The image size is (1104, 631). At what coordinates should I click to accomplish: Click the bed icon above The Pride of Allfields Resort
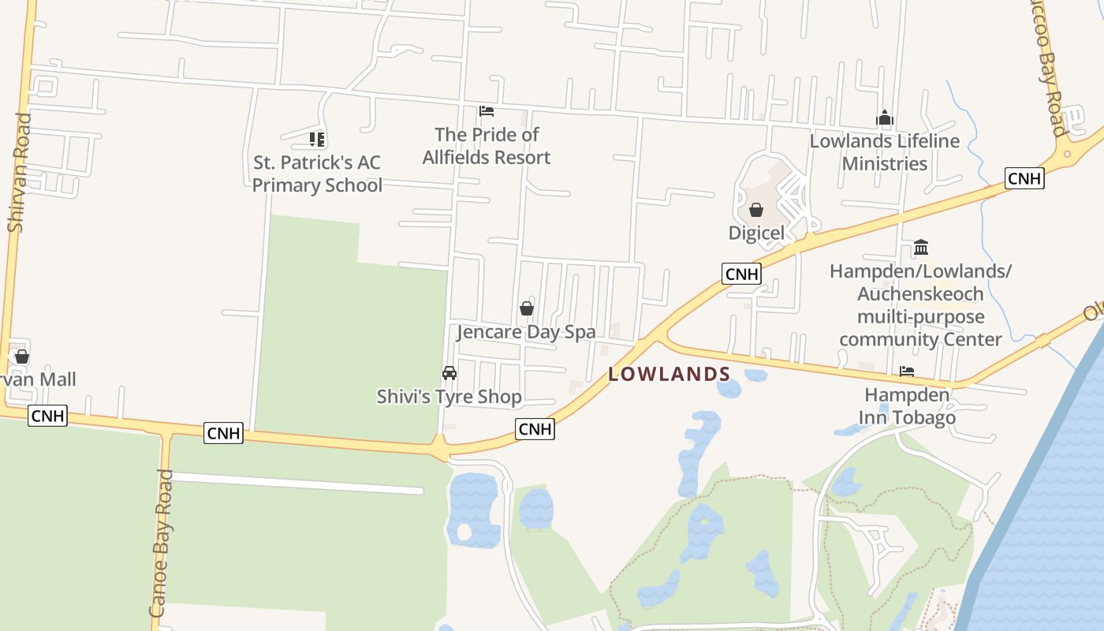click(487, 111)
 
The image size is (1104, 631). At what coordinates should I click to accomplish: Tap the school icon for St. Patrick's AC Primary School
click(317, 140)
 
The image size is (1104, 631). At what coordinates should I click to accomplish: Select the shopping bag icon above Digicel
click(756, 210)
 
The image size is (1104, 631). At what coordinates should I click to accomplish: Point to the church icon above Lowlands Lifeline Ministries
click(885, 118)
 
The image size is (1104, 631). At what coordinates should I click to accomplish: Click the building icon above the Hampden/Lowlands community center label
click(920, 248)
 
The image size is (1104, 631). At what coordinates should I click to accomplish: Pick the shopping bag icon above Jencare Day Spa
click(527, 308)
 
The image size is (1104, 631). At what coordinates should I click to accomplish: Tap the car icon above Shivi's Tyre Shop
click(449, 372)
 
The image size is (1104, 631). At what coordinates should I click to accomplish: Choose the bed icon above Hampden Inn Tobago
click(907, 371)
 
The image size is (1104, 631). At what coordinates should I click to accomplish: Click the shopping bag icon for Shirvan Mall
click(22, 357)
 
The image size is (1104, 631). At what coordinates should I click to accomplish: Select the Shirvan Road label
click(19, 173)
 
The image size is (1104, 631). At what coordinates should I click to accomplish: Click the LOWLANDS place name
click(669, 374)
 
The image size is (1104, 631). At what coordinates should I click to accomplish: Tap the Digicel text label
click(756, 233)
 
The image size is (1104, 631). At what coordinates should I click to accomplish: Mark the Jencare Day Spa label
click(526, 332)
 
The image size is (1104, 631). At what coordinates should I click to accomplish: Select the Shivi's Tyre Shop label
click(449, 396)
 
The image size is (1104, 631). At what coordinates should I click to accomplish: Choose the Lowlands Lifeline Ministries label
click(885, 152)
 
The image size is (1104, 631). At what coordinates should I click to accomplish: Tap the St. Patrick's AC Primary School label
click(317, 174)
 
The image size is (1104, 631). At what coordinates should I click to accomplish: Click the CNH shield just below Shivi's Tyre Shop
click(535, 429)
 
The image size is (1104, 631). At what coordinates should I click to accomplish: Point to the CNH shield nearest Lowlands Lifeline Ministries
click(1024, 178)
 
